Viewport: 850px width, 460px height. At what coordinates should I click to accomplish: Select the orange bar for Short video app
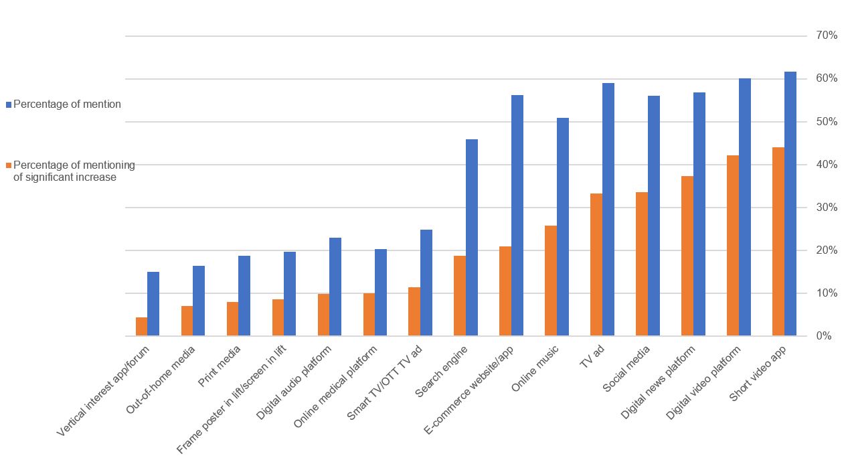click(x=778, y=242)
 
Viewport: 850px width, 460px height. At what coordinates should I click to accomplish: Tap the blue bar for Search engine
click(x=472, y=238)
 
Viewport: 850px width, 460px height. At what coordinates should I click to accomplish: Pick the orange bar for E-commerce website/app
click(x=505, y=291)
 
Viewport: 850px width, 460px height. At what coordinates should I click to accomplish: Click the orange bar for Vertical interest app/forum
click(x=141, y=327)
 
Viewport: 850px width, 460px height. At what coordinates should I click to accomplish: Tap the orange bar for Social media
click(x=642, y=264)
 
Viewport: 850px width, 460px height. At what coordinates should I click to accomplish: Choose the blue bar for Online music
click(x=563, y=227)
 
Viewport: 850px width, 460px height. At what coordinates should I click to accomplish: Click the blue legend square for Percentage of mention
click(x=9, y=104)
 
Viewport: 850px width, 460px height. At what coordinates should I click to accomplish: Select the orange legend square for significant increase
click(x=9, y=165)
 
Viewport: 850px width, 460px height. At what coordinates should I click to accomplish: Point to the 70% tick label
click(x=827, y=35)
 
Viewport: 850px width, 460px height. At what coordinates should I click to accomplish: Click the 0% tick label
click(x=824, y=336)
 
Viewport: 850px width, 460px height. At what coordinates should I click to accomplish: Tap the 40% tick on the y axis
click(x=827, y=165)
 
